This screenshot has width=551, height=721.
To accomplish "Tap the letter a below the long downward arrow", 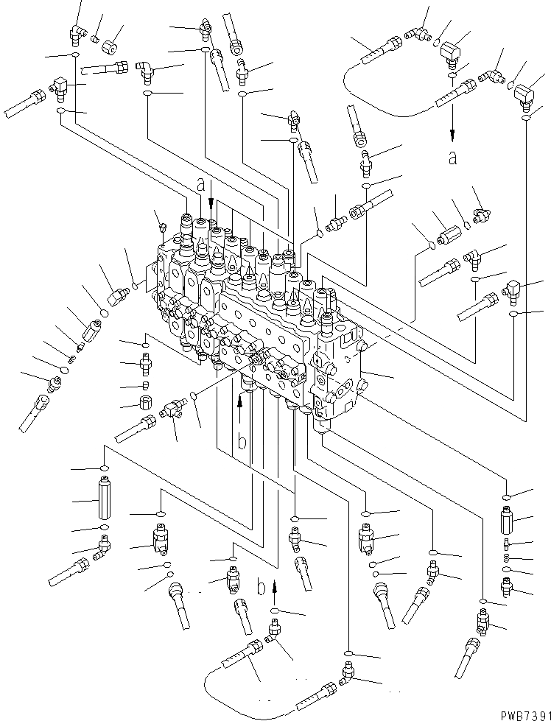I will (x=452, y=157).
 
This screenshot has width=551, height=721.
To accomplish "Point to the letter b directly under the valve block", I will (x=240, y=443).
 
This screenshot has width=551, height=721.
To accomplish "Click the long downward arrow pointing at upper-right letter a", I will (x=452, y=125).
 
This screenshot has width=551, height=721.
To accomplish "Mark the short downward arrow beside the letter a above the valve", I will (x=211, y=193).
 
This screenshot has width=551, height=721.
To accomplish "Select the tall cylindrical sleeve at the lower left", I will (x=103, y=500).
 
